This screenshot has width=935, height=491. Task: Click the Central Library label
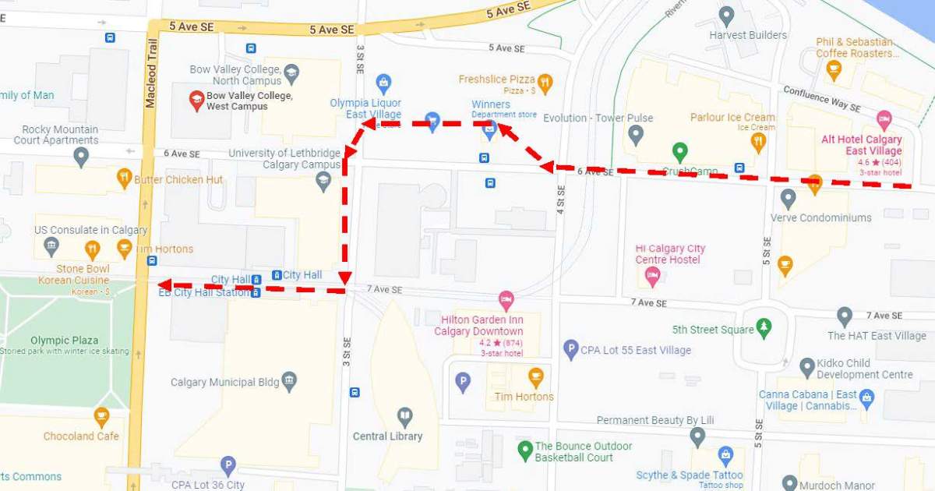coord(387,436)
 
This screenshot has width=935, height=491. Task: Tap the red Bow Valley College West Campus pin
coord(196,100)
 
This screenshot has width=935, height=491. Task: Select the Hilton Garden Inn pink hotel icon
coord(506,300)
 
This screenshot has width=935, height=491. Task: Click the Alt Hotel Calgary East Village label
coord(861,145)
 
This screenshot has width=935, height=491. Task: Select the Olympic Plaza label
coord(65,341)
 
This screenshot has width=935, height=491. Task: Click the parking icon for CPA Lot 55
coord(571,350)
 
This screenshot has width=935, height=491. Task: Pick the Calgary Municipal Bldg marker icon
coord(289,382)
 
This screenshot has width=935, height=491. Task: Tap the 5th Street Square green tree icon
coord(764,328)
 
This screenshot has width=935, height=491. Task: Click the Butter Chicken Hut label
coord(178,179)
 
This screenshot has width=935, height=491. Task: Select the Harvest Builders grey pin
coord(727,16)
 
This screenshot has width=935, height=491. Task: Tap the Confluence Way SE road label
coord(821,98)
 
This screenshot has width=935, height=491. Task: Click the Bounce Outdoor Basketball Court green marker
coord(525,451)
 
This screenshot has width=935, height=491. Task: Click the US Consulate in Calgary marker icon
coord(51,247)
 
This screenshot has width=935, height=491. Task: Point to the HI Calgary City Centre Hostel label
coord(670,254)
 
